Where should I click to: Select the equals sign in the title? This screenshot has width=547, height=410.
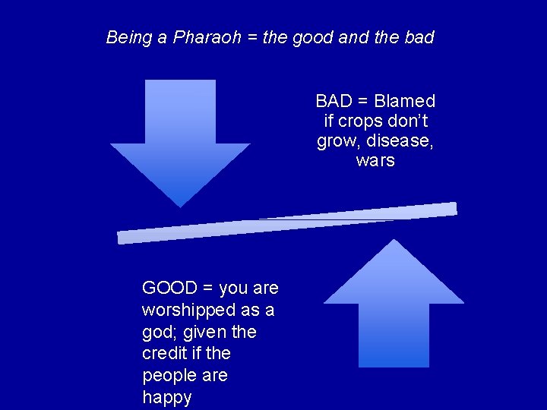252,37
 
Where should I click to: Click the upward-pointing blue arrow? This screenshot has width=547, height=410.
394,304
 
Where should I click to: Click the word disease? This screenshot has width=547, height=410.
403,140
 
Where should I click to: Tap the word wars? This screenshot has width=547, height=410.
375,160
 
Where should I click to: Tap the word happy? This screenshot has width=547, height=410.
167,398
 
